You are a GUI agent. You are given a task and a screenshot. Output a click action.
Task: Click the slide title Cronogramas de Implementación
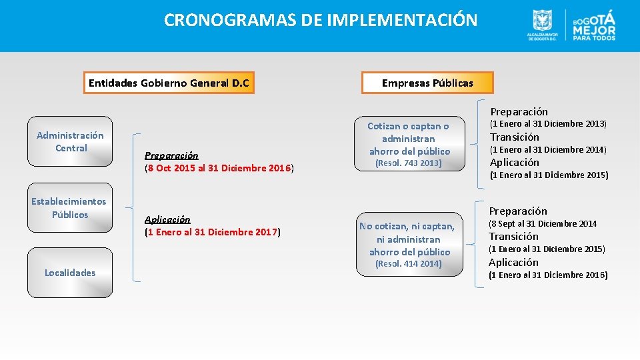(x=321, y=20)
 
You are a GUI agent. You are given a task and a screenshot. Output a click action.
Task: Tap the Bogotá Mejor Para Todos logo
(x=593, y=25)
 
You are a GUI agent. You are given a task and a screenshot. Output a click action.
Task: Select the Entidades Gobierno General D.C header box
(x=169, y=83)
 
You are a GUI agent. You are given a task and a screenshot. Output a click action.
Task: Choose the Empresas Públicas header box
(x=427, y=83)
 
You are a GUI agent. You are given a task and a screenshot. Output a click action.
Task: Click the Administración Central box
(x=71, y=142)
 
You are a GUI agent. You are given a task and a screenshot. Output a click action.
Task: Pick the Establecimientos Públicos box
(x=69, y=208)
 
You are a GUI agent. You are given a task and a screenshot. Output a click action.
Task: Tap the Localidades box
(x=70, y=272)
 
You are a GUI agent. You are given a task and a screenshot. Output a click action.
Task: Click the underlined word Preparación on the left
(x=171, y=155)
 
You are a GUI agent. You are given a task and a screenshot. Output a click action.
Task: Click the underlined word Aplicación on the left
(x=167, y=219)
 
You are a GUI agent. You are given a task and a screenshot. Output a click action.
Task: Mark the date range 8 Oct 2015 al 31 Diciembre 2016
(x=219, y=168)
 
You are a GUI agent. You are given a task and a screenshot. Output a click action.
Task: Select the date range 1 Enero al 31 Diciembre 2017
(x=213, y=232)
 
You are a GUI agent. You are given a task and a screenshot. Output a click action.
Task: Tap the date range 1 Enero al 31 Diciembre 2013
(x=548, y=124)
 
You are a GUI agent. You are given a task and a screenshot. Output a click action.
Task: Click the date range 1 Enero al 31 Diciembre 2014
(x=548, y=150)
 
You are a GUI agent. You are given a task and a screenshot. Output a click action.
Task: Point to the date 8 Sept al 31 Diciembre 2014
(x=543, y=223)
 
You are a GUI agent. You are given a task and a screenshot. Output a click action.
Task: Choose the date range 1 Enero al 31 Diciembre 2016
(x=548, y=275)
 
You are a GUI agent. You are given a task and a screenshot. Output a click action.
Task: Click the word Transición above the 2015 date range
(x=514, y=237)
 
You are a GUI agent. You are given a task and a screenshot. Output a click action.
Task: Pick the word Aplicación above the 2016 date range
(x=514, y=262)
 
